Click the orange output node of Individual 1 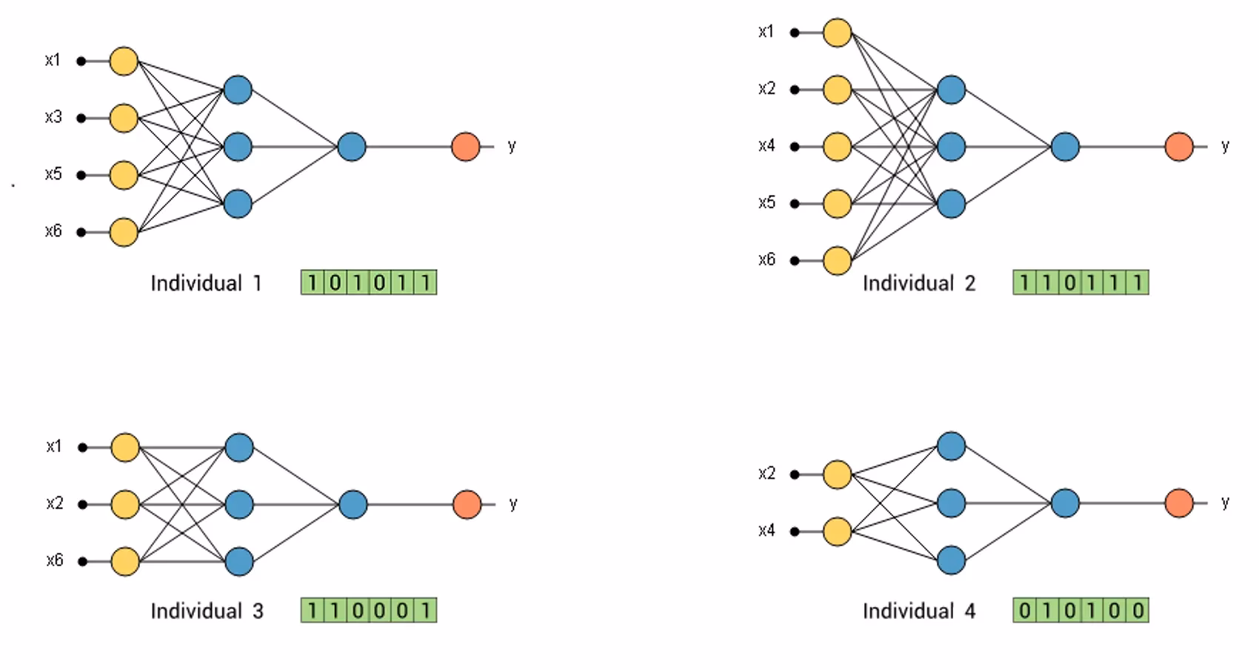[466, 147]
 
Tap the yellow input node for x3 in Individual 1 [124, 118]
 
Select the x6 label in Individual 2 [767, 259]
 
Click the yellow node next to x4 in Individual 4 [838, 531]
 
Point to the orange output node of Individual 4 [1179, 503]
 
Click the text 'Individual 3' [207, 611]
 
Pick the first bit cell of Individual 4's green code [1025, 611]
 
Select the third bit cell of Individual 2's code [1070, 282]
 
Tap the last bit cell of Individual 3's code [426, 611]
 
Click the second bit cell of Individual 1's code [335, 282]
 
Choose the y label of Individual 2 [1226, 146]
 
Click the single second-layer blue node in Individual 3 [353, 505]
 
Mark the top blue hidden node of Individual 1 [238, 90]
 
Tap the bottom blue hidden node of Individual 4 [951, 560]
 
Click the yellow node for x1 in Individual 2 [838, 33]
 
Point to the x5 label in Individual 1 [53, 174]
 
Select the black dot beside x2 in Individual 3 [83, 505]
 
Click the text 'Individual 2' [919, 283]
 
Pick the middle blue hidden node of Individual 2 [951, 147]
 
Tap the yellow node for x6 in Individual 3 [125, 561]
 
